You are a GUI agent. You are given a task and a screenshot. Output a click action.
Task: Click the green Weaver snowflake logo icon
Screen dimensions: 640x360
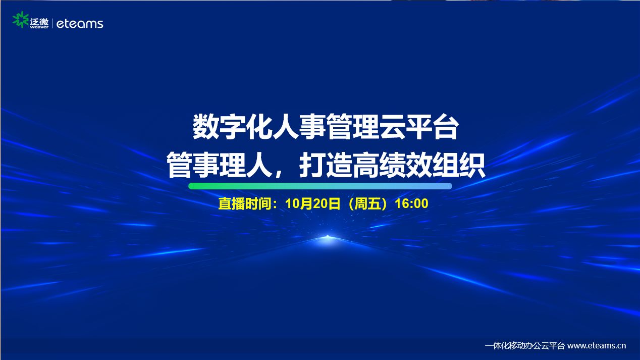[21, 20]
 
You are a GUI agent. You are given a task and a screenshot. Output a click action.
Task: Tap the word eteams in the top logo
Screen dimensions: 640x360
[80, 24]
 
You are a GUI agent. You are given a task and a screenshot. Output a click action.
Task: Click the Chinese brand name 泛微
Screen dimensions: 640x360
[39, 21]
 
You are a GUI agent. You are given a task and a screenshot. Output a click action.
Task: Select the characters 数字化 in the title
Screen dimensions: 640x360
[232, 126]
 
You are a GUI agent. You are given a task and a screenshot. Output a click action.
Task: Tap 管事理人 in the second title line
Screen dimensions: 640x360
[219, 165]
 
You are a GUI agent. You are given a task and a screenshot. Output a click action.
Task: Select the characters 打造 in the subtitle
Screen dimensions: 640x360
[326, 165]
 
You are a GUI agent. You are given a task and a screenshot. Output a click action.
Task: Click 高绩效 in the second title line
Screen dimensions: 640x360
[392, 165]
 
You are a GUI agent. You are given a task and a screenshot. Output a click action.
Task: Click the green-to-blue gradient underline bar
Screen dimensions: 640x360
[320, 186]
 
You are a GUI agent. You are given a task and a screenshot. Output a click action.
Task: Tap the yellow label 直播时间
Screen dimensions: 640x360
[245, 203]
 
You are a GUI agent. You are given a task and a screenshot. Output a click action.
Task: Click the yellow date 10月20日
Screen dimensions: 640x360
[313, 203]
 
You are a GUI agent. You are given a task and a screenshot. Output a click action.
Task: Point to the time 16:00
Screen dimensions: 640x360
[411, 203]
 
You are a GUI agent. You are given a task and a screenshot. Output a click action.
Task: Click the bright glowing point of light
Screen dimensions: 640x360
[328, 237]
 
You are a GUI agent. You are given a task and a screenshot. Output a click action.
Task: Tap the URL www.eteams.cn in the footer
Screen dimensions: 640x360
[597, 346]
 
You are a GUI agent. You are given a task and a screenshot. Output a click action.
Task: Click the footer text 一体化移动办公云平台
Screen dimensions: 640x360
[524, 346]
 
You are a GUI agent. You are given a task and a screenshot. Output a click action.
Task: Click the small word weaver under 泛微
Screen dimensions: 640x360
[39, 27]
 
